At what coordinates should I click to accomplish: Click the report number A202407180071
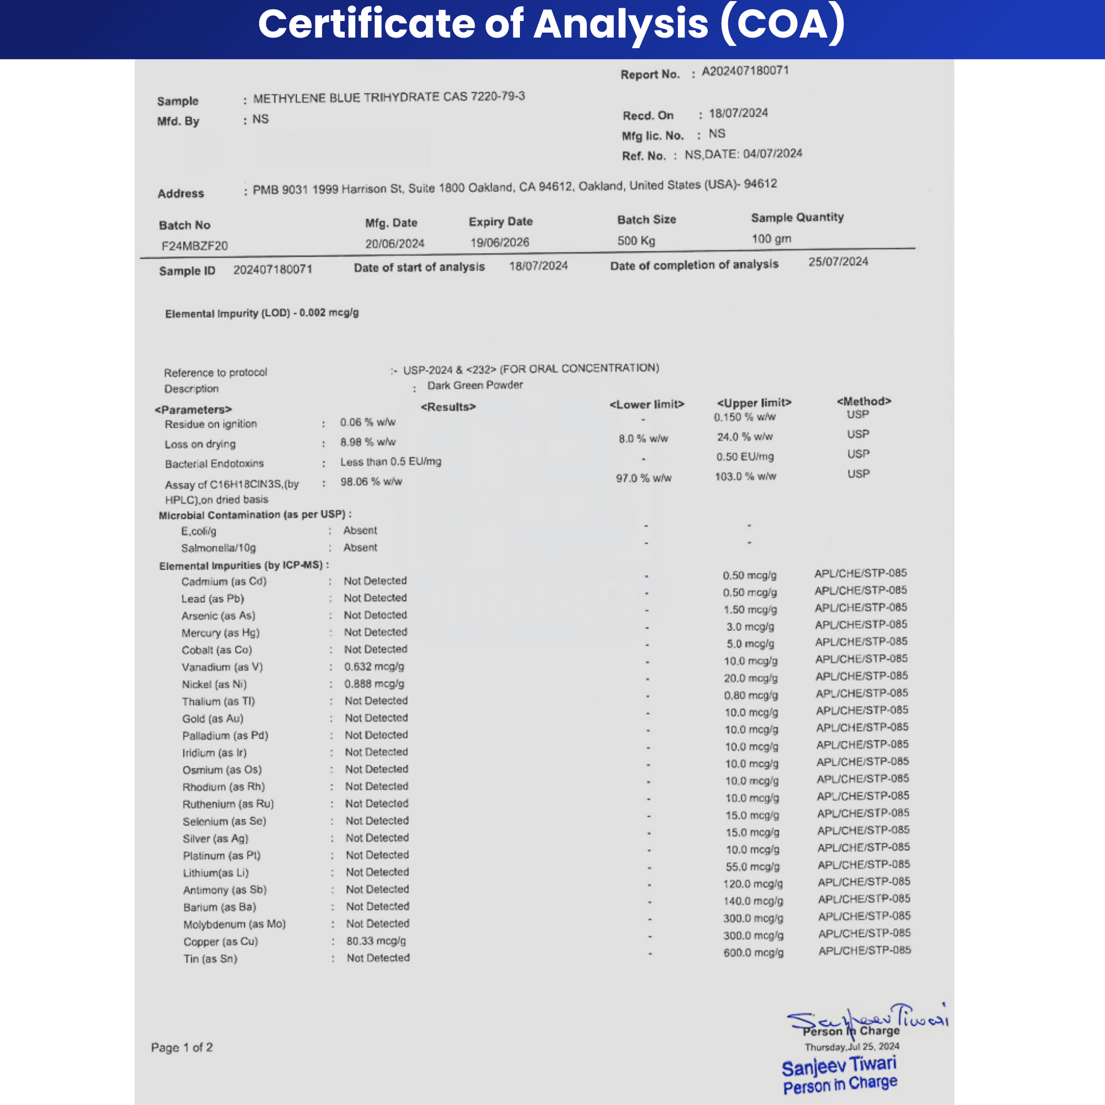[745, 71]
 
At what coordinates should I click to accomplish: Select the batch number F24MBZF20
[194, 246]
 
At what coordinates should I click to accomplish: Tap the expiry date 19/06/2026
[499, 243]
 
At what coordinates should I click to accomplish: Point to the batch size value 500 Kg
[636, 241]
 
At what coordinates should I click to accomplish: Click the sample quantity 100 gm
[771, 239]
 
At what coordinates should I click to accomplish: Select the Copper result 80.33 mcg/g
[376, 941]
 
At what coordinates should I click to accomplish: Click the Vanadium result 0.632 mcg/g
[374, 667]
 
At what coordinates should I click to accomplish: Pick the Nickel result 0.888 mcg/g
[374, 684]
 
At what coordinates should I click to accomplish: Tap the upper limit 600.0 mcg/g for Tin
[753, 953]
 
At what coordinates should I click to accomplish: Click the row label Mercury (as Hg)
[220, 633]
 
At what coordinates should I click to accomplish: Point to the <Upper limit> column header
[754, 403]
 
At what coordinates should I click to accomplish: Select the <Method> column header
[864, 402]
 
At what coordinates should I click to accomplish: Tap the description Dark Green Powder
[475, 386]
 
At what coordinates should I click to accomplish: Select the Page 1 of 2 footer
[182, 1047]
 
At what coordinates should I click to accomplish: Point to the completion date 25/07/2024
[838, 262]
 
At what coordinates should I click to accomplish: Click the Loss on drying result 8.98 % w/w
[368, 442]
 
